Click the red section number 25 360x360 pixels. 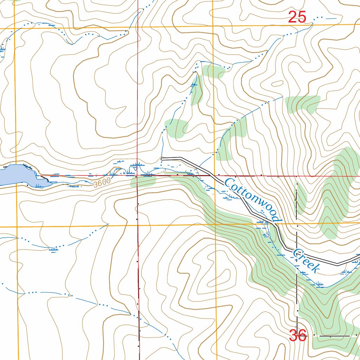point(297,17)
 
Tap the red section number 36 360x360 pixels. point(298,335)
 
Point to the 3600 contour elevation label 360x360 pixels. point(102,181)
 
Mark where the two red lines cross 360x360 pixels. point(137,175)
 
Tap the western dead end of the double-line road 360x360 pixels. point(162,159)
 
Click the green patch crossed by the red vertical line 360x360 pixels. point(142,181)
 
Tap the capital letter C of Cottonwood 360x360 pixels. point(229,183)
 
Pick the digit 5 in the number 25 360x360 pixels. point(302,17)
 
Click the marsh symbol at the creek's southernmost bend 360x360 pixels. point(319,284)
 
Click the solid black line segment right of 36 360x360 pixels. point(334,336)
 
